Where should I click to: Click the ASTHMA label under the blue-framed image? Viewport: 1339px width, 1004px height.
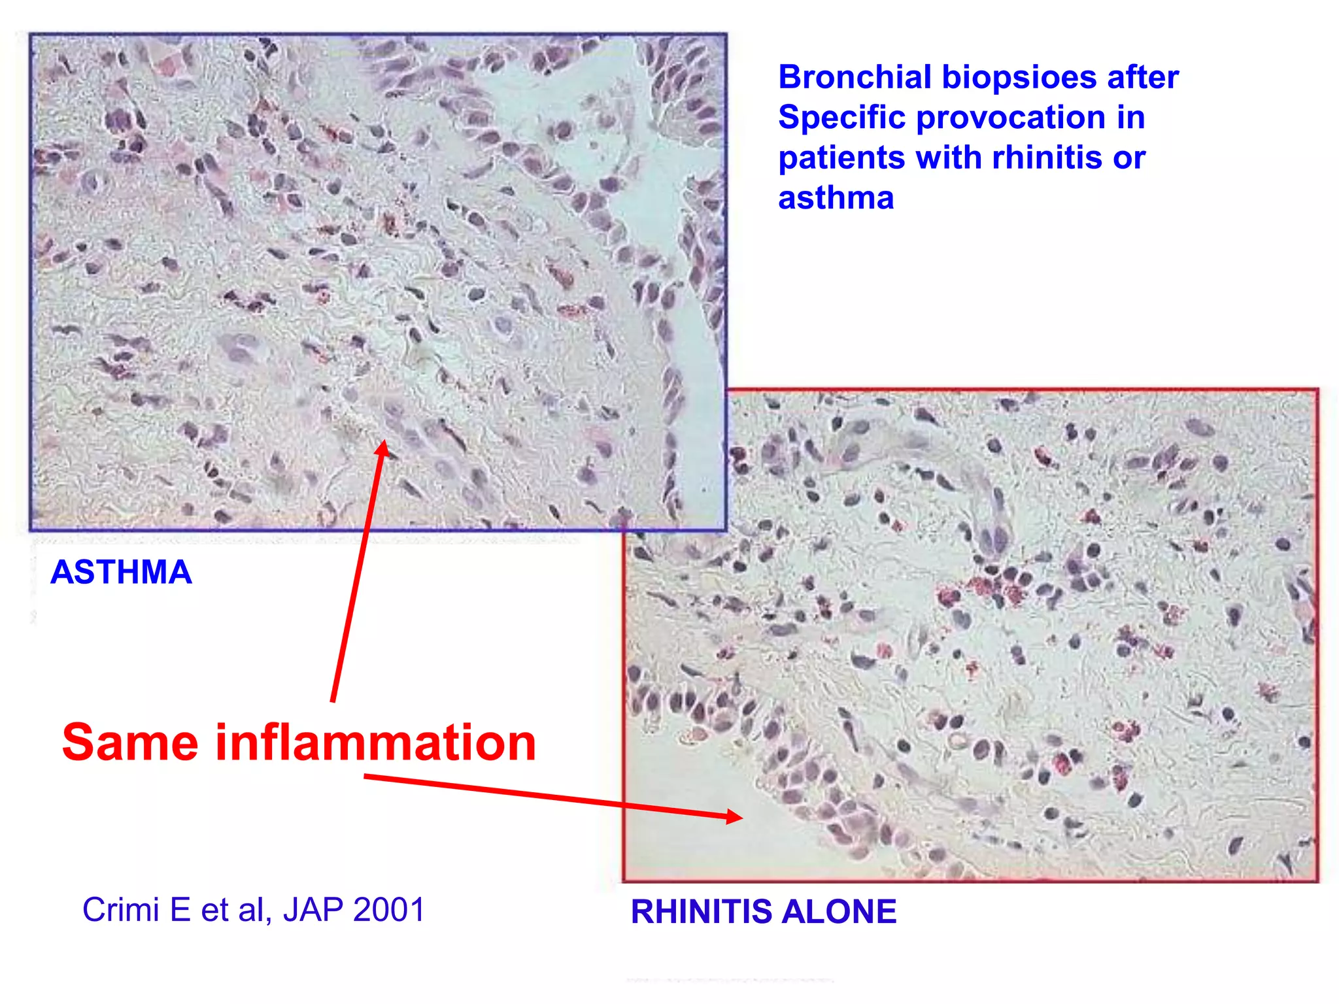pyautogui.click(x=121, y=572)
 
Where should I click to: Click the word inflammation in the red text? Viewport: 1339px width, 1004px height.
pyautogui.click(x=376, y=743)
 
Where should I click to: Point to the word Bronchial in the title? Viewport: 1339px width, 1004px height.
pyautogui.click(x=854, y=77)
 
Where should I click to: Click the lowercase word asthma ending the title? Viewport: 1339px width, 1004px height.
pyautogui.click(x=836, y=198)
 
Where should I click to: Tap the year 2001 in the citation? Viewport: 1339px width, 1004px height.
pyautogui.click(x=388, y=910)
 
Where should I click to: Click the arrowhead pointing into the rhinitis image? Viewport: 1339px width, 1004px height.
pyautogui.click(x=735, y=816)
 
